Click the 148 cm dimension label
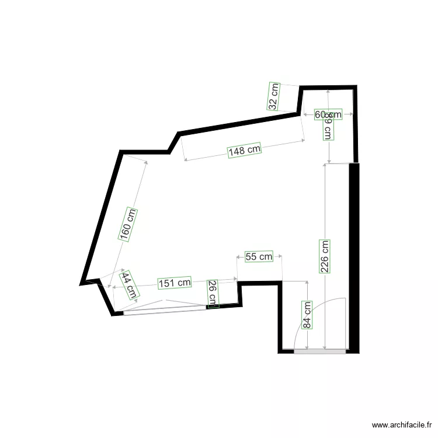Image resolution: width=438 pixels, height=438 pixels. pyautogui.click(x=245, y=150)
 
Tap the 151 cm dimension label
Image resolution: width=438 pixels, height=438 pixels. pyautogui.click(x=175, y=283)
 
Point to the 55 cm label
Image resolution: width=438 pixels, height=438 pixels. pyautogui.click(x=259, y=256)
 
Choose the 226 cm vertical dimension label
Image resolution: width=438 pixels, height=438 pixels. pyautogui.click(x=325, y=257)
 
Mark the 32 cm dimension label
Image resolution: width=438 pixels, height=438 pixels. pyautogui.click(x=273, y=96)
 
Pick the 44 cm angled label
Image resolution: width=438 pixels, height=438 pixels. pyautogui.click(x=128, y=286)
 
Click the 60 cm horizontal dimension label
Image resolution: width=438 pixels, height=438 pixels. pyautogui.click(x=328, y=114)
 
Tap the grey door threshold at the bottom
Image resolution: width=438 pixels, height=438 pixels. pyautogui.click(x=319, y=352)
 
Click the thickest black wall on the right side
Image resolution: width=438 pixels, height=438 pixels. pyautogui.click(x=354, y=257)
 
